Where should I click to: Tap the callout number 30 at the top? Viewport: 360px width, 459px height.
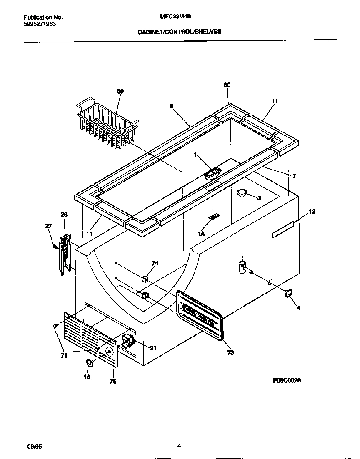click(x=227, y=85)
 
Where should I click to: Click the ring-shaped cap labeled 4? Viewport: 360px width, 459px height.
click(x=287, y=294)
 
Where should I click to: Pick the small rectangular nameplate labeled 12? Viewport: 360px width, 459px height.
click(x=283, y=229)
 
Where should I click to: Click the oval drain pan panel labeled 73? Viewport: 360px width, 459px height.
click(x=200, y=314)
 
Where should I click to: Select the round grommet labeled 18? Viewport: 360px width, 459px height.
click(x=89, y=364)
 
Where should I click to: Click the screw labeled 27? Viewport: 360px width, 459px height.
click(x=55, y=247)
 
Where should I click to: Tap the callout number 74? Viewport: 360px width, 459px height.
click(x=155, y=263)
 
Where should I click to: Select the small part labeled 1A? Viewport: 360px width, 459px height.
click(x=214, y=217)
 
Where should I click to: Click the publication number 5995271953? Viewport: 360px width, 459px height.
click(x=40, y=24)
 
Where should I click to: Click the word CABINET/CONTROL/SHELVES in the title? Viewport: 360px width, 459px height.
click(x=180, y=31)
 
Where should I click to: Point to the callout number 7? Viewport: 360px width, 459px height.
click(x=294, y=176)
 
